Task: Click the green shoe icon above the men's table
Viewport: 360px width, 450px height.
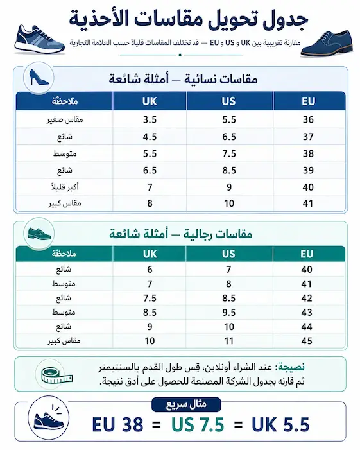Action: pyautogui.click(x=39, y=234)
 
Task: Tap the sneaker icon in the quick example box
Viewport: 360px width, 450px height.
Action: pyautogui.click(x=49, y=424)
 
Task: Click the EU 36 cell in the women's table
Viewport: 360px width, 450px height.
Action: pyautogui.click(x=307, y=119)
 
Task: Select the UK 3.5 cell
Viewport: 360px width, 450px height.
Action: pyautogui.click(x=150, y=119)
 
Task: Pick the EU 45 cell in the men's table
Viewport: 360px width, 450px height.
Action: pyautogui.click(x=307, y=340)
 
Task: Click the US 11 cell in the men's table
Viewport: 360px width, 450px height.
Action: pyautogui.click(x=228, y=340)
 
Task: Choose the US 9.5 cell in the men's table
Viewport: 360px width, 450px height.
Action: pyautogui.click(x=228, y=312)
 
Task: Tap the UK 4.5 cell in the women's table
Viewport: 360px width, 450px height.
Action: pyautogui.click(x=150, y=136)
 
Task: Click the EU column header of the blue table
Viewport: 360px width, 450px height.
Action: pyautogui.click(x=307, y=101)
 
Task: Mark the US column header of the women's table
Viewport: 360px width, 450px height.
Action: pyautogui.click(x=228, y=101)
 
